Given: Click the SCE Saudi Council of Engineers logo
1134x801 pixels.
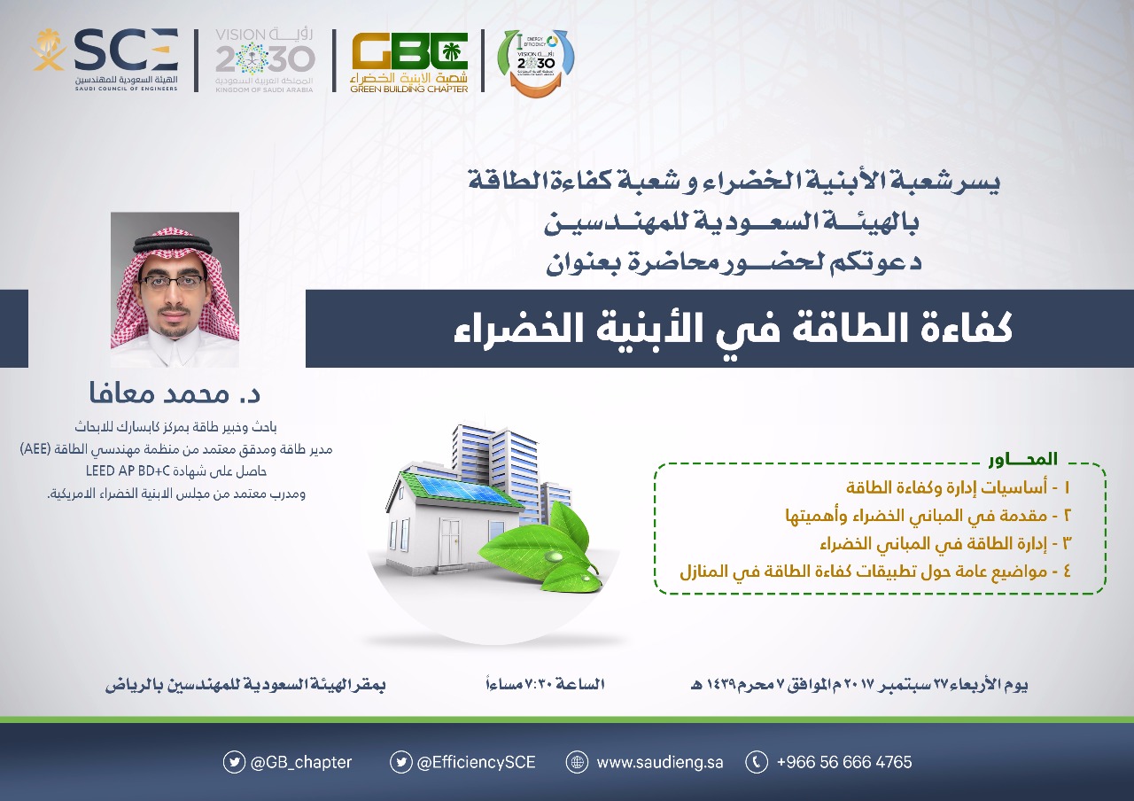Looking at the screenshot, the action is pyautogui.click(x=105, y=59).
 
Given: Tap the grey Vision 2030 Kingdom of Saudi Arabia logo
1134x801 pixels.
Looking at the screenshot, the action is pyautogui.click(x=264, y=59).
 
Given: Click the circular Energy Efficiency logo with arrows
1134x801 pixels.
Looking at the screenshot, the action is pyautogui.click(x=537, y=62).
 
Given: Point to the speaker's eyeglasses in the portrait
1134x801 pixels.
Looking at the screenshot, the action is pyautogui.click(x=173, y=281).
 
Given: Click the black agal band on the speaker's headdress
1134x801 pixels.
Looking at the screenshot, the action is pyautogui.click(x=173, y=245).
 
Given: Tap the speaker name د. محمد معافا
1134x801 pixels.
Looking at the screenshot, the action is pyautogui.click(x=175, y=393).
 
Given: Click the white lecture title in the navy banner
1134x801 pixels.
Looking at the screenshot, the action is pyautogui.click(x=733, y=329).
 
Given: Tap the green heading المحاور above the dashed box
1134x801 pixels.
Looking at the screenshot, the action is pyautogui.click(x=1023, y=459).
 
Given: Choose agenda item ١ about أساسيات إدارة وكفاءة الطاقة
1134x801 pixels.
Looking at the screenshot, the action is pyautogui.click(x=959, y=487).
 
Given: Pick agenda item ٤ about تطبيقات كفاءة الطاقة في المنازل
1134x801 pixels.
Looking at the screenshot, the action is pyautogui.click(x=875, y=572).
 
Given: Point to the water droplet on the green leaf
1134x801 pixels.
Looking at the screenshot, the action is pyautogui.click(x=555, y=556).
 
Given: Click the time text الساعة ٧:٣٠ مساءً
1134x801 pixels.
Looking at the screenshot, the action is pyautogui.click(x=545, y=684).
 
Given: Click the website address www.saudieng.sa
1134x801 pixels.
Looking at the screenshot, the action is pyautogui.click(x=660, y=762).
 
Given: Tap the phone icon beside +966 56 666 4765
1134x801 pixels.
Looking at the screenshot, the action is pyautogui.click(x=757, y=762).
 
